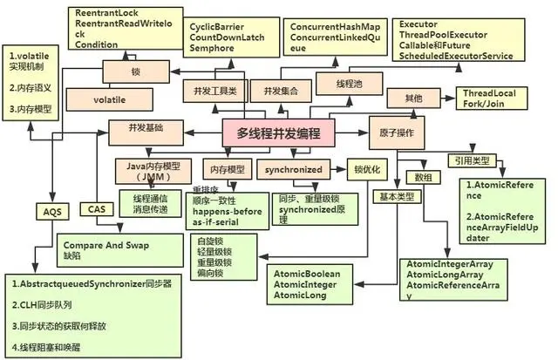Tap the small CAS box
tap(96, 209)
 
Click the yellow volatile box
tap(111, 100)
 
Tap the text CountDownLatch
tap(220, 38)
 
